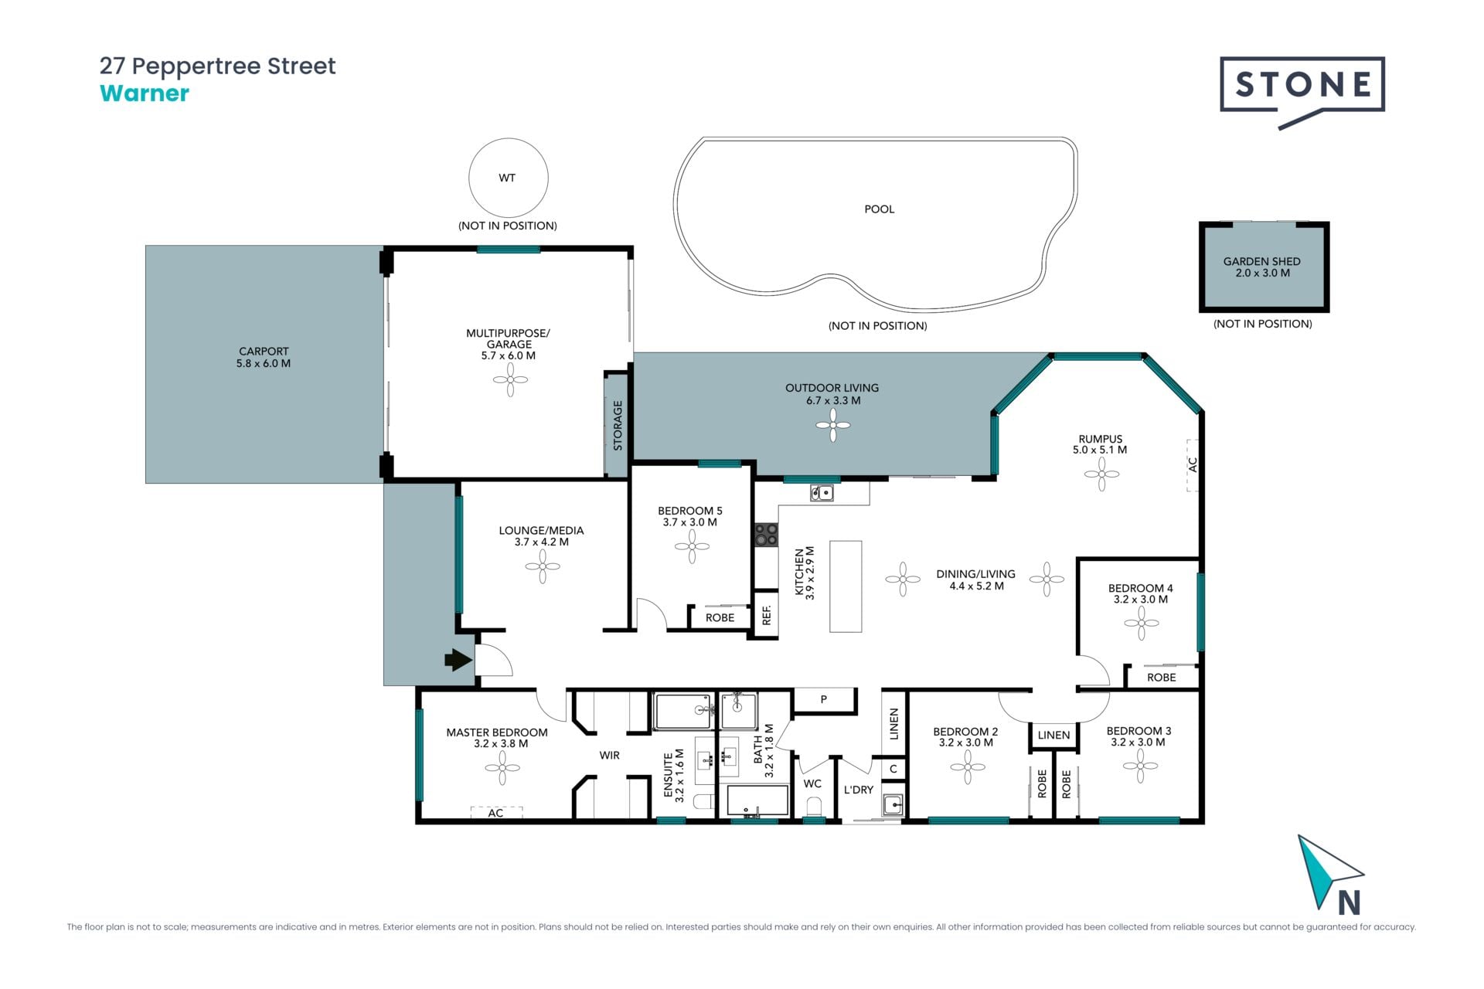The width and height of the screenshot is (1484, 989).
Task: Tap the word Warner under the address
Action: click(145, 93)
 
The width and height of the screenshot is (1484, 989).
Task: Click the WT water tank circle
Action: click(509, 178)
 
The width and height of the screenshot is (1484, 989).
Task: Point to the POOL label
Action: click(879, 209)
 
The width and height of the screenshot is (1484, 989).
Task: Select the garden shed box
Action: click(1264, 267)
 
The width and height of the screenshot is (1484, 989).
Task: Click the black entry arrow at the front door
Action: click(458, 660)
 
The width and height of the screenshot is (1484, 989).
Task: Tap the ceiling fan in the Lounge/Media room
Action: click(543, 567)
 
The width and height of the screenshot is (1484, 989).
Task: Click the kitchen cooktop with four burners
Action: click(766, 535)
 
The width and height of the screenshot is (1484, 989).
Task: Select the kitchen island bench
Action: click(846, 586)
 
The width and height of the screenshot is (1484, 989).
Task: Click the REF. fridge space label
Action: click(767, 615)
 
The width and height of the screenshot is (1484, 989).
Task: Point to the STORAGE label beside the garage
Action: click(618, 426)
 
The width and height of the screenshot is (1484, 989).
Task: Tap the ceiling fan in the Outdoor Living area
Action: click(832, 425)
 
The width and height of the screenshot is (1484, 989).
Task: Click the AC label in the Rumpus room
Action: click(1193, 464)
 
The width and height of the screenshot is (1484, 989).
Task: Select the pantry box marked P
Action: click(825, 700)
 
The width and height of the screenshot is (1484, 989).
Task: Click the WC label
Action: click(812, 783)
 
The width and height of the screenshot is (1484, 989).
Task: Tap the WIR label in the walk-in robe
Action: click(610, 755)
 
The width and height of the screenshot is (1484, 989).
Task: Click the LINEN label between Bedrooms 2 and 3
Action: click(1053, 736)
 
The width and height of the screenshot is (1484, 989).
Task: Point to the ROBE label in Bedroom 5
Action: click(720, 618)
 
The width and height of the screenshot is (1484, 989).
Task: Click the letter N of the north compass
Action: click(1349, 902)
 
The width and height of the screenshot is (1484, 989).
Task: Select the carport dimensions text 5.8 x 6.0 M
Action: click(264, 363)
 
